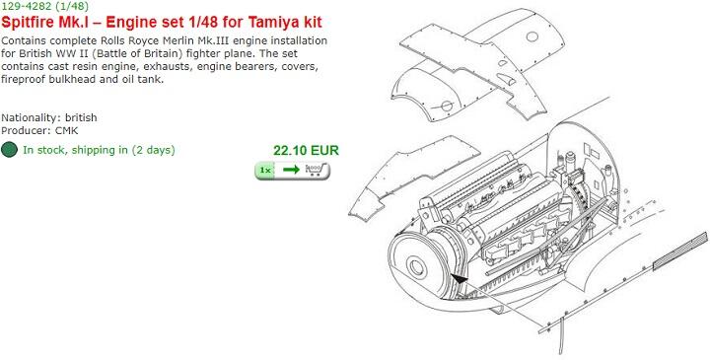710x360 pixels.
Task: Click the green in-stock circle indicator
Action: click(x=10, y=150)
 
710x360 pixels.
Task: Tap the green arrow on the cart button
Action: click(x=290, y=170)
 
